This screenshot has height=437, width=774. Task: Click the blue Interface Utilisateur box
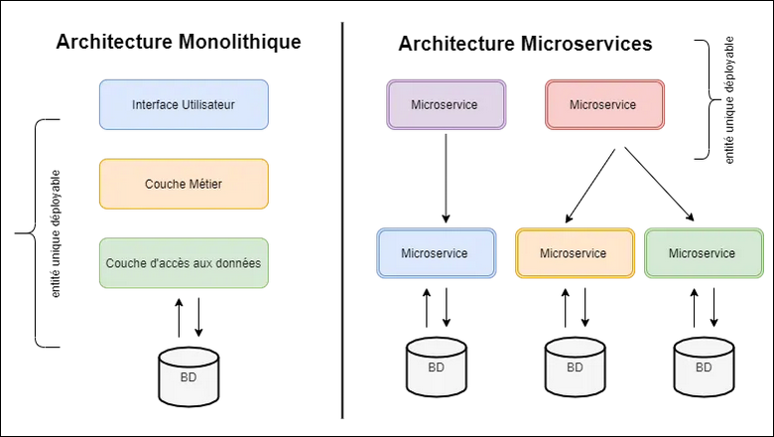click(x=184, y=104)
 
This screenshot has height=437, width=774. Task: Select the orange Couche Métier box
click(x=184, y=184)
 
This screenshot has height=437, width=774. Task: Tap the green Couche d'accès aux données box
click(x=184, y=263)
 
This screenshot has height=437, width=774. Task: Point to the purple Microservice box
click(x=445, y=104)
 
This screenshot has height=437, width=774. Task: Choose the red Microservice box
click(x=604, y=104)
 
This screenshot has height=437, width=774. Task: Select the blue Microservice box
click(x=436, y=253)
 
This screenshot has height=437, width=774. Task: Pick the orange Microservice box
click(x=575, y=253)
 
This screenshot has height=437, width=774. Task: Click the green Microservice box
click(x=703, y=253)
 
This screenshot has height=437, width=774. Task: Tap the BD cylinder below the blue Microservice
click(x=436, y=365)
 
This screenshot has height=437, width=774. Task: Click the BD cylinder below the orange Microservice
click(x=575, y=365)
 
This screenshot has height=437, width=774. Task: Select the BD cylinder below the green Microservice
click(x=704, y=365)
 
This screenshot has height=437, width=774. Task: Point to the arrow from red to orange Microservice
click(x=593, y=185)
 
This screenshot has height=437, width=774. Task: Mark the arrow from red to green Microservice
click(x=658, y=183)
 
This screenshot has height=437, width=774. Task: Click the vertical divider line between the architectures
click(x=343, y=218)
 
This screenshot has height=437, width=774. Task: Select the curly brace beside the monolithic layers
click(x=30, y=233)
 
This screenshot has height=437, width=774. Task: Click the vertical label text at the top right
click(x=730, y=100)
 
